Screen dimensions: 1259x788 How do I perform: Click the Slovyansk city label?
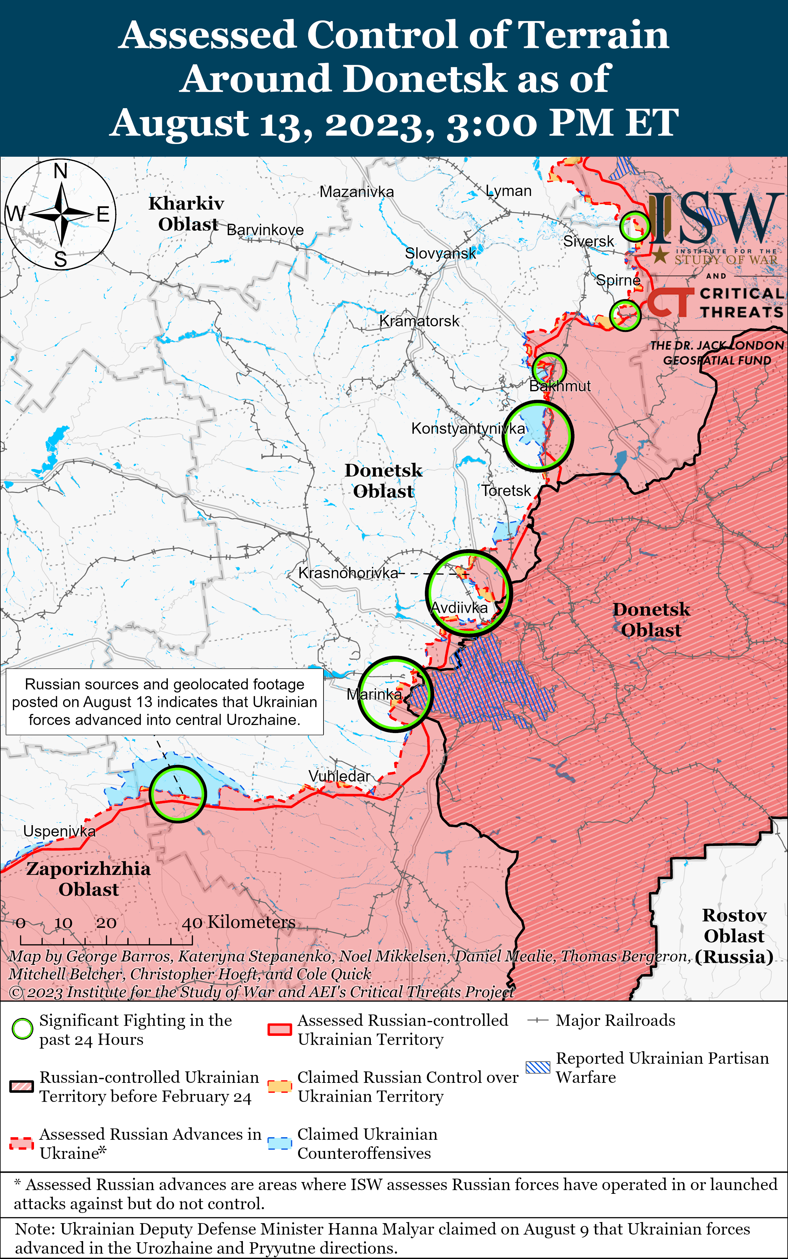tap(440, 254)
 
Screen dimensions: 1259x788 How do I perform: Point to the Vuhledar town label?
tap(339, 776)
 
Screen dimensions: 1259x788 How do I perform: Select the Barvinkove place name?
tap(265, 230)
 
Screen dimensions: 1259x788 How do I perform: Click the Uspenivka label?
tap(59, 831)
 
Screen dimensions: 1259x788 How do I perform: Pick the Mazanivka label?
tap(357, 192)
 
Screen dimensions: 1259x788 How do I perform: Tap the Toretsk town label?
tap(506, 490)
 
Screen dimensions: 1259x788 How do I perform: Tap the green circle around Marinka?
tap(395, 693)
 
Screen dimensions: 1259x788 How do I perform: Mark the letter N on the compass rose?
tap(61, 171)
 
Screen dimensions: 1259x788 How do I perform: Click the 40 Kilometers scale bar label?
tap(239, 922)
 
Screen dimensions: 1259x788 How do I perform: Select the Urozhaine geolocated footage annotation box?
tap(165, 702)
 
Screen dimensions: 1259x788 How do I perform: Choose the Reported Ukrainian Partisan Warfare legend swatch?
tap(538, 1067)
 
